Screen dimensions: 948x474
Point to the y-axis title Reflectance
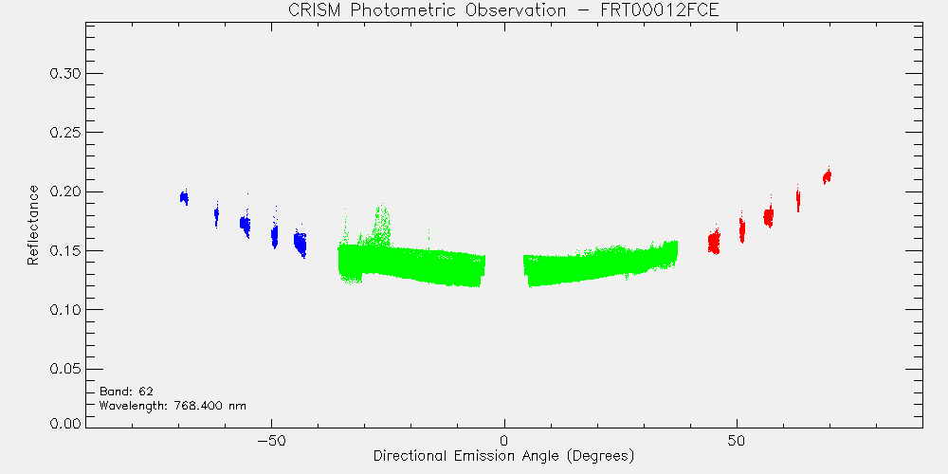click(x=32, y=225)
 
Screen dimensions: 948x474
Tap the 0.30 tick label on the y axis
click(x=64, y=74)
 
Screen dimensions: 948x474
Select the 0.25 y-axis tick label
click(x=64, y=133)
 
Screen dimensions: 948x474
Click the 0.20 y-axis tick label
click(x=64, y=191)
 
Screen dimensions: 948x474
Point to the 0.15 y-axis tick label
click(x=64, y=251)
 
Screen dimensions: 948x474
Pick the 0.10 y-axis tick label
click(x=64, y=310)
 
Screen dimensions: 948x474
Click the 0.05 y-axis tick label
click(x=64, y=369)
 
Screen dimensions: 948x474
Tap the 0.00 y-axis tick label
click(x=64, y=423)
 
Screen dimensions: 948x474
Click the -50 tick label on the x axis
click(x=271, y=440)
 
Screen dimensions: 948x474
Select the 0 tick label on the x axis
click(x=504, y=440)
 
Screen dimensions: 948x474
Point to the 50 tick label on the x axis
click(x=737, y=440)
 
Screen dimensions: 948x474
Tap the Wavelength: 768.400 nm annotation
click(x=173, y=405)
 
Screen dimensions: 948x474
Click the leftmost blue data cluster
click(x=185, y=197)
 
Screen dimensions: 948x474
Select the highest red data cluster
click(x=827, y=176)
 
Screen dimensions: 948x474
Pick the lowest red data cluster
click(x=714, y=241)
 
